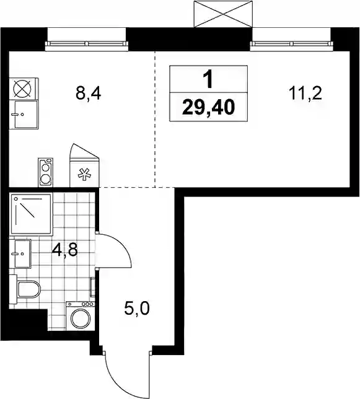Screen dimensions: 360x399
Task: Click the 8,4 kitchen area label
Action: pyautogui.click(x=88, y=94)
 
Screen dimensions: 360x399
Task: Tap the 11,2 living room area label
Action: pyautogui.click(x=305, y=93)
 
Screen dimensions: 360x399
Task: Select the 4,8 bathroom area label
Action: pyautogui.click(x=64, y=251)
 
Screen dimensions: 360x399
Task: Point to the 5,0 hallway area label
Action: pyautogui.click(x=137, y=309)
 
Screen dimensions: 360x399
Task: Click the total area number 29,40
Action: pyautogui.click(x=208, y=107)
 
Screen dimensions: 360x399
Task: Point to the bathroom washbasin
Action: pyautogui.click(x=20, y=253)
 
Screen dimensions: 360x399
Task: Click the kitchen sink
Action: pyautogui.click(x=24, y=115)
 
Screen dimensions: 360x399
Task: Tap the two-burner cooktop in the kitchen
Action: pyautogui.click(x=45, y=172)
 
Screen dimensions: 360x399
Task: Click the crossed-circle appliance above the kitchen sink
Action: pyautogui.click(x=24, y=89)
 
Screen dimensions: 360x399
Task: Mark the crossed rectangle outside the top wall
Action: pyautogui.click(x=224, y=14)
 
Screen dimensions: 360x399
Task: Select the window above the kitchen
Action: pyautogui.click(x=87, y=44)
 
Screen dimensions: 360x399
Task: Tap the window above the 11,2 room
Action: pyautogui.click(x=292, y=44)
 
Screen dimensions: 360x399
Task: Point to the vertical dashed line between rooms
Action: pyautogui.click(x=155, y=119)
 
